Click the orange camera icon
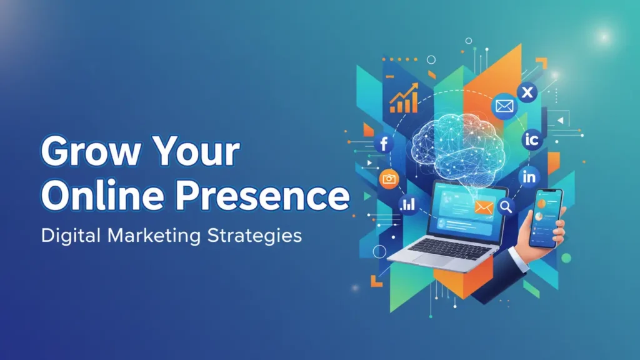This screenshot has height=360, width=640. [x=389, y=179]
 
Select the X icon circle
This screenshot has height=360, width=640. [x=528, y=93]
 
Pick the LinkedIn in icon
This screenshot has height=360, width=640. [x=529, y=177]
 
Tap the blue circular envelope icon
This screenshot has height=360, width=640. [x=504, y=106]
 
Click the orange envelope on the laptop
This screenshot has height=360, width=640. [x=483, y=207]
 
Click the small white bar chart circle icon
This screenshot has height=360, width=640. [x=409, y=204]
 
